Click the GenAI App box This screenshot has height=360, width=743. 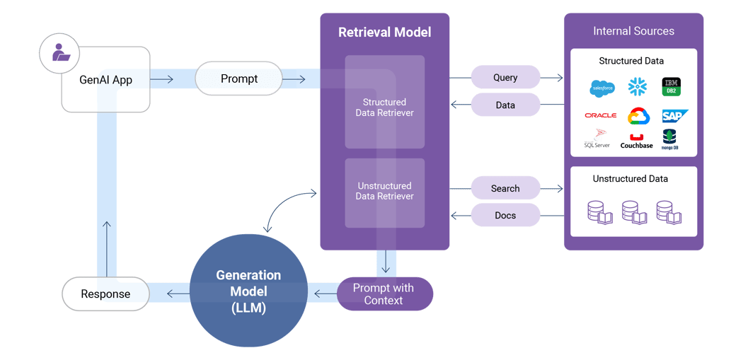point(105,80)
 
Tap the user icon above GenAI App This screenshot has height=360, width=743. point(59,53)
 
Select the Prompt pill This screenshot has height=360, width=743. point(238,79)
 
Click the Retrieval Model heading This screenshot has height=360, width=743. point(384,32)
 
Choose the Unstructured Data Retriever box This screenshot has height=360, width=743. point(384,192)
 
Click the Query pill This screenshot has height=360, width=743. point(505,77)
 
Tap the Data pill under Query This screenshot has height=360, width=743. point(505,105)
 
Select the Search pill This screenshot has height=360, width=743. point(505,188)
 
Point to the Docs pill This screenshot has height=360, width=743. point(505,215)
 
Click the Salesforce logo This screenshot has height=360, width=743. point(601,88)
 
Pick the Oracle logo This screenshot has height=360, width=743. point(600,115)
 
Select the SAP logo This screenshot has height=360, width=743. point(674,116)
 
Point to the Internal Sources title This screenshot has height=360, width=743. point(633,31)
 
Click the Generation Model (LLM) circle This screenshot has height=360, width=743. point(248,291)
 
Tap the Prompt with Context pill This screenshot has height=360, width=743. point(384,294)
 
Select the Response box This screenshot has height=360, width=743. point(105,294)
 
